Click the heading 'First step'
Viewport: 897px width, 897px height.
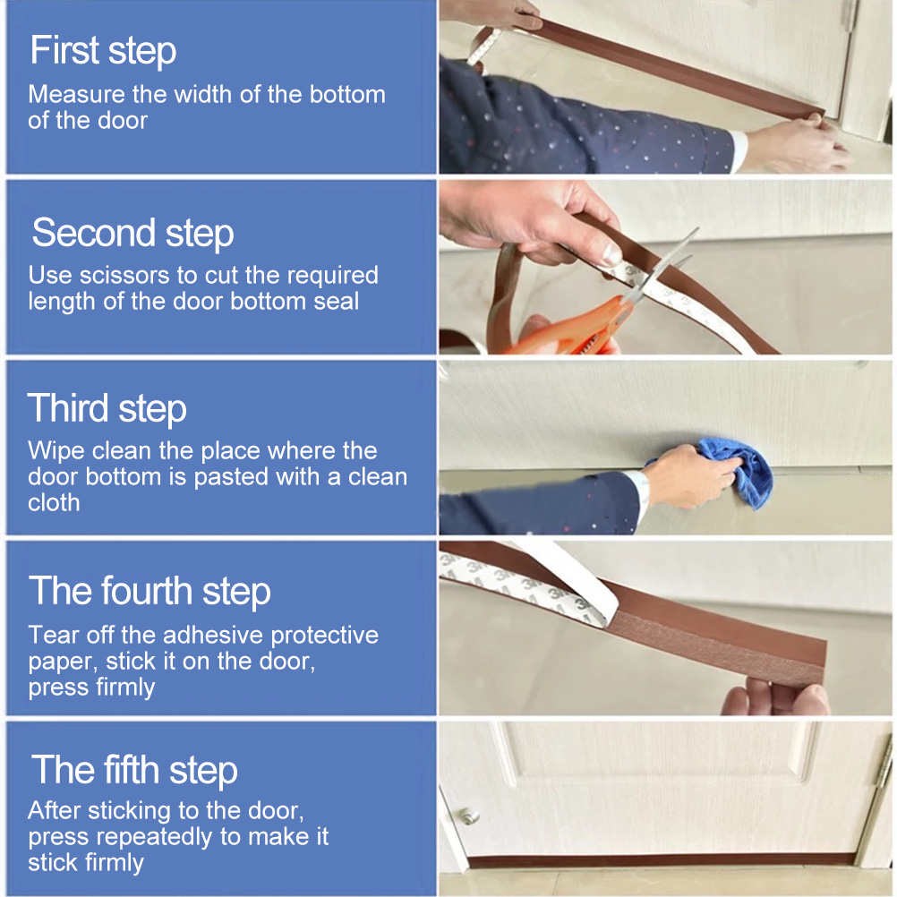(103, 51)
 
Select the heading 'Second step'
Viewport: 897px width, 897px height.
(132, 234)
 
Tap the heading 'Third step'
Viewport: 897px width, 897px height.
(107, 409)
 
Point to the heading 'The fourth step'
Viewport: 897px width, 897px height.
(149, 591)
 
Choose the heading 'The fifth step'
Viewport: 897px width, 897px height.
(134, 770)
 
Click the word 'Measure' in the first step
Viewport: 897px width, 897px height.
(69, 94)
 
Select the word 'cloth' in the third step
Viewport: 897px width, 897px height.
(54, 503)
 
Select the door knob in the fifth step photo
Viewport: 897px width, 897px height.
(469, 816)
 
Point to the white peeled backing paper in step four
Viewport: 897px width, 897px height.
(538, 577)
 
